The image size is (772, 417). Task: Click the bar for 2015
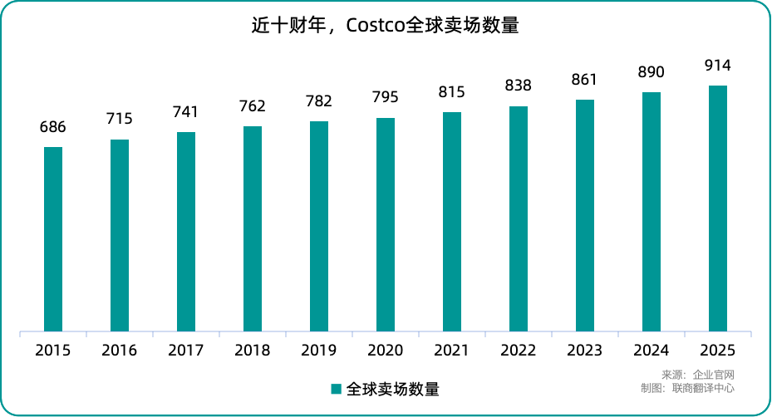[x=53, y=240]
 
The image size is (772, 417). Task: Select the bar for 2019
[x=319, y=227]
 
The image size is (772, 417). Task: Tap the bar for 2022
[x=519, y=219]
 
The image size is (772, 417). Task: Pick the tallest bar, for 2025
[x=718, y=209]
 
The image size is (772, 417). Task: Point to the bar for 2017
[x=186, y=233]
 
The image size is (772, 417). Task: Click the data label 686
[x=53, y=127]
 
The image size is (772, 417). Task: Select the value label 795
[x=386, y=97]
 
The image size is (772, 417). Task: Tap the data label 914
[x=718, y=66]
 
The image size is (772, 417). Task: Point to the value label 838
[x=519, y=86]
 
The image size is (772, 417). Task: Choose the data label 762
[x=253, y=105]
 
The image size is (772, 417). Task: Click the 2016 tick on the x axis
[x=120, y=351]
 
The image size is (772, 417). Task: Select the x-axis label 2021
[x=452, y=351]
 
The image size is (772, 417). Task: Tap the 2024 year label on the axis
[x=652, y=351]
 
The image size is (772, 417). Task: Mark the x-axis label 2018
[x=253, y=351]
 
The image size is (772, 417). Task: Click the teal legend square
[x=337, y=389]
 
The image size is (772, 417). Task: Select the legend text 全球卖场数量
[x=392, y=389]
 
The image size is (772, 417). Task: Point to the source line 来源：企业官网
[x=698, y=375]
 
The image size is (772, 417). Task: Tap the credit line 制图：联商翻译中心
[x=688, y=388]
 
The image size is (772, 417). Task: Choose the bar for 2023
[x=585, y=216]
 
